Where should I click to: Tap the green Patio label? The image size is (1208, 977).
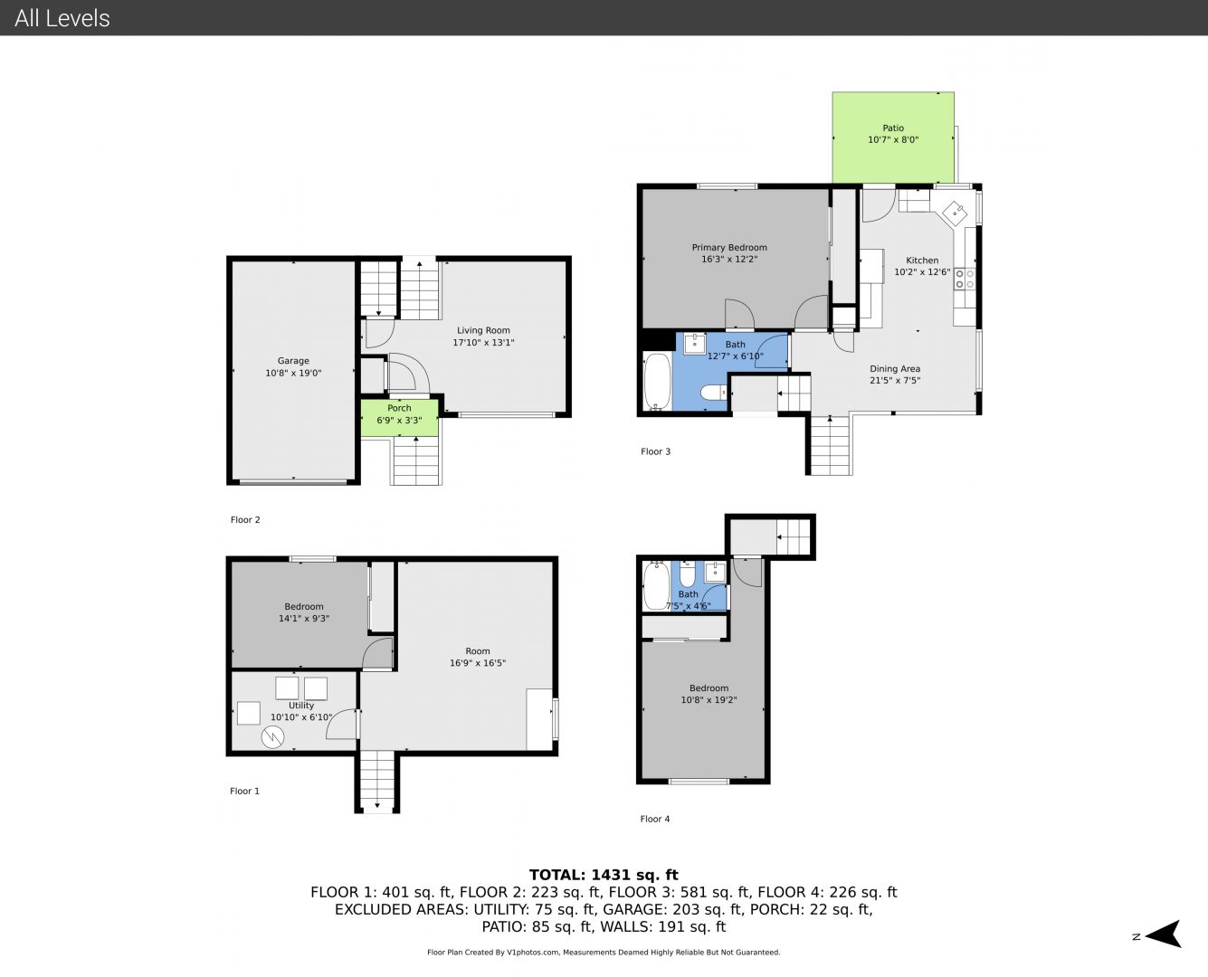click(x=893, y=128)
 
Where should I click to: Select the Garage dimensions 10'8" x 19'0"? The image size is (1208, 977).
click(x=293, y=373)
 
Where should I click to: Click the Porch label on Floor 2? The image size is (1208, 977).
click(x=399, y=408)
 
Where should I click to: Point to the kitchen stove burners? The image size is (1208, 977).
click(x=965, y=279)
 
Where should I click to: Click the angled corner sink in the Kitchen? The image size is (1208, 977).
click(x=955, y=213)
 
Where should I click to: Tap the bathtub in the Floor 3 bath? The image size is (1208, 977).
click(x=657, y=381)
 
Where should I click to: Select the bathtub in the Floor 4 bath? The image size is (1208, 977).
click(x=656, y=585)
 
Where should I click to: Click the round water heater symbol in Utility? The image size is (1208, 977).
click(x=272, y=737)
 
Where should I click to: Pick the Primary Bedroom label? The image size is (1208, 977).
click(x=729, y=248)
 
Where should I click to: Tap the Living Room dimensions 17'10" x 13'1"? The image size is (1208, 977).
click(x=483, y=343)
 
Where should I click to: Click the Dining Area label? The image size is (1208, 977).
click(x=895, y=369)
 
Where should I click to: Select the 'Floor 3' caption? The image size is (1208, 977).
click(x=656, y=451)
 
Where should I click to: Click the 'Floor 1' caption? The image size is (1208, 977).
click(x=244, y=791)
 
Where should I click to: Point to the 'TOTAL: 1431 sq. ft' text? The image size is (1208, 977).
click(x=604, y=875)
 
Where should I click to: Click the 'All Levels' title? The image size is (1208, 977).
click(x=62, y=18)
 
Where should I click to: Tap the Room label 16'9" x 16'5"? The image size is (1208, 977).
click(x=478, y=657)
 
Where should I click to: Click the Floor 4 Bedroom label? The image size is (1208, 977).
click(x=709, y=688)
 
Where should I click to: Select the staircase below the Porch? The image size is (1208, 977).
click(x=416, y=461)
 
